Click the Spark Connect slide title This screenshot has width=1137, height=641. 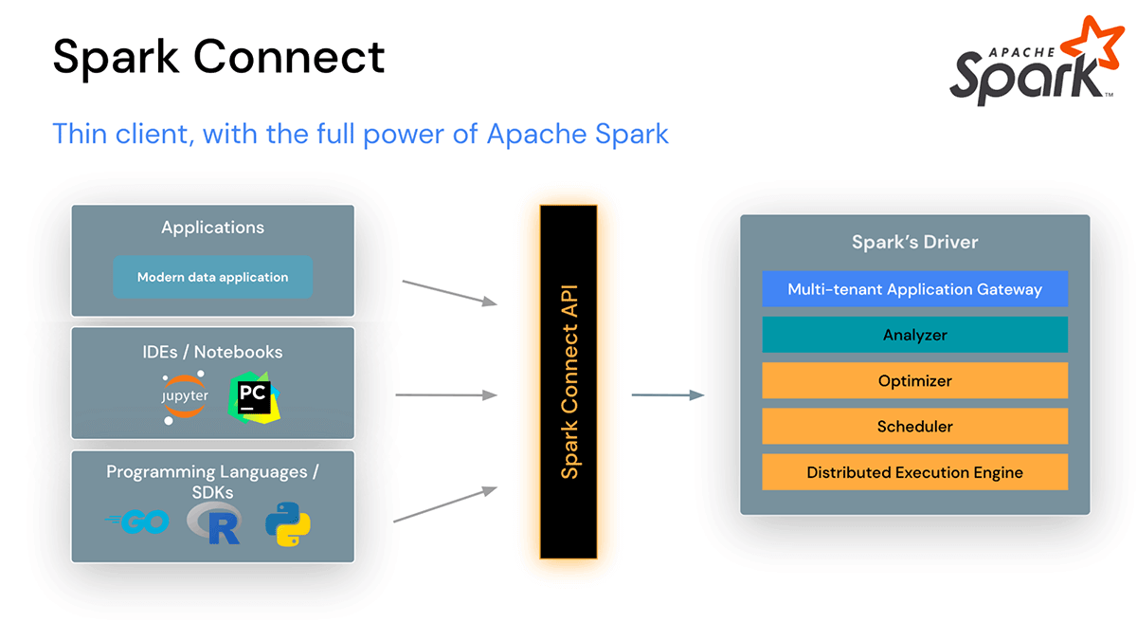[219, 56]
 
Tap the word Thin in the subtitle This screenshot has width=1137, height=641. [78, 134]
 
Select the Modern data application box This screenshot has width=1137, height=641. [212, 278]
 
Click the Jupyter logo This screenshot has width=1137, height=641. [184, 397]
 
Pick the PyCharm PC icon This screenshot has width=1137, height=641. [255, 396]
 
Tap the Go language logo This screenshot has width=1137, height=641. [139, 522]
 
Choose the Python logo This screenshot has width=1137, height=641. [288, 523]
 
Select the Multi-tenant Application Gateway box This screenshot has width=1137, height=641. [914, 289]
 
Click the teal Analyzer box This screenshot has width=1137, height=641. [914, 335]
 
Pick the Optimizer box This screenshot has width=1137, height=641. [914, 380]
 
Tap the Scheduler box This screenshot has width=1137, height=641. [914, 426]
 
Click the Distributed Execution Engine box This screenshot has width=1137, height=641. [914, 471]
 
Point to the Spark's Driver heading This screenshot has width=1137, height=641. [914, 242]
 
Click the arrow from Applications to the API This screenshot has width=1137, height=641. [450, 292]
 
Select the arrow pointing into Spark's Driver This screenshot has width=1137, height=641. [668, 394]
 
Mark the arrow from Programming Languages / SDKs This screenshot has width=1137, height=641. [445, 504]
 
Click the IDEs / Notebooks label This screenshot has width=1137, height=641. [212, 352]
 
